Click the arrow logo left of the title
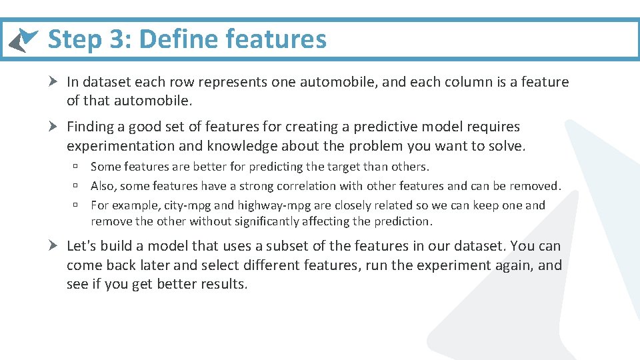click(23, 40)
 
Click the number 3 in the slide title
click(116, 39)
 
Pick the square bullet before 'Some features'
click(77, 167)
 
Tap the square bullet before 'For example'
click(77, 205)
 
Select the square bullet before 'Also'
click(77, 186)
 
